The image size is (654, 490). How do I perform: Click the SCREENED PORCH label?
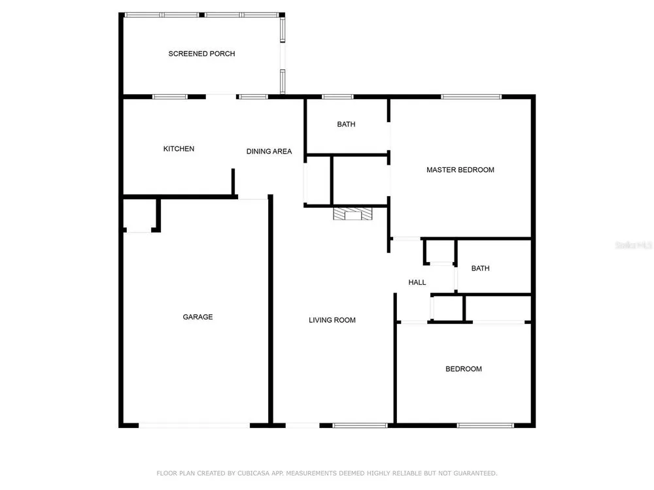point(201,54)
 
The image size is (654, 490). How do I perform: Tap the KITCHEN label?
point(179,149)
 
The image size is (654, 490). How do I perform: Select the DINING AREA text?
point(269,152)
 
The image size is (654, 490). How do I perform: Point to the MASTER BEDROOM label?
point(460,170)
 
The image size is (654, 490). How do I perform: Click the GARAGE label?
point(198,317)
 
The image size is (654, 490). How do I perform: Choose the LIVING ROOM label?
point(332,320)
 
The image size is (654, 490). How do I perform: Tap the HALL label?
point(417,282)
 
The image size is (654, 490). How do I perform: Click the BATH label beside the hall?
point(481,269)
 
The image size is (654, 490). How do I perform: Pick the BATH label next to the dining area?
point(346,124)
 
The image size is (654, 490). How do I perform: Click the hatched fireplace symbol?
point(353,214)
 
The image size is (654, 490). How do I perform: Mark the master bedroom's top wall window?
point(471,97)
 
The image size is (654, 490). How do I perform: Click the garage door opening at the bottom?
point(194,425)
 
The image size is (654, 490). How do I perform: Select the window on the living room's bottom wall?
point(360,425)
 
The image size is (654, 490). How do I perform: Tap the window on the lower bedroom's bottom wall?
point(485,425)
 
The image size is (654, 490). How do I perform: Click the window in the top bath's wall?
point(337,97)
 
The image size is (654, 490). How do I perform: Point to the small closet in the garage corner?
point(140,214)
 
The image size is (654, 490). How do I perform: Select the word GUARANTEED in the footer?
point(475,473)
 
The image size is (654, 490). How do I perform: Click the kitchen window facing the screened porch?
point(170,97)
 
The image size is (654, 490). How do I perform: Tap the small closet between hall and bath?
point(441,252)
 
